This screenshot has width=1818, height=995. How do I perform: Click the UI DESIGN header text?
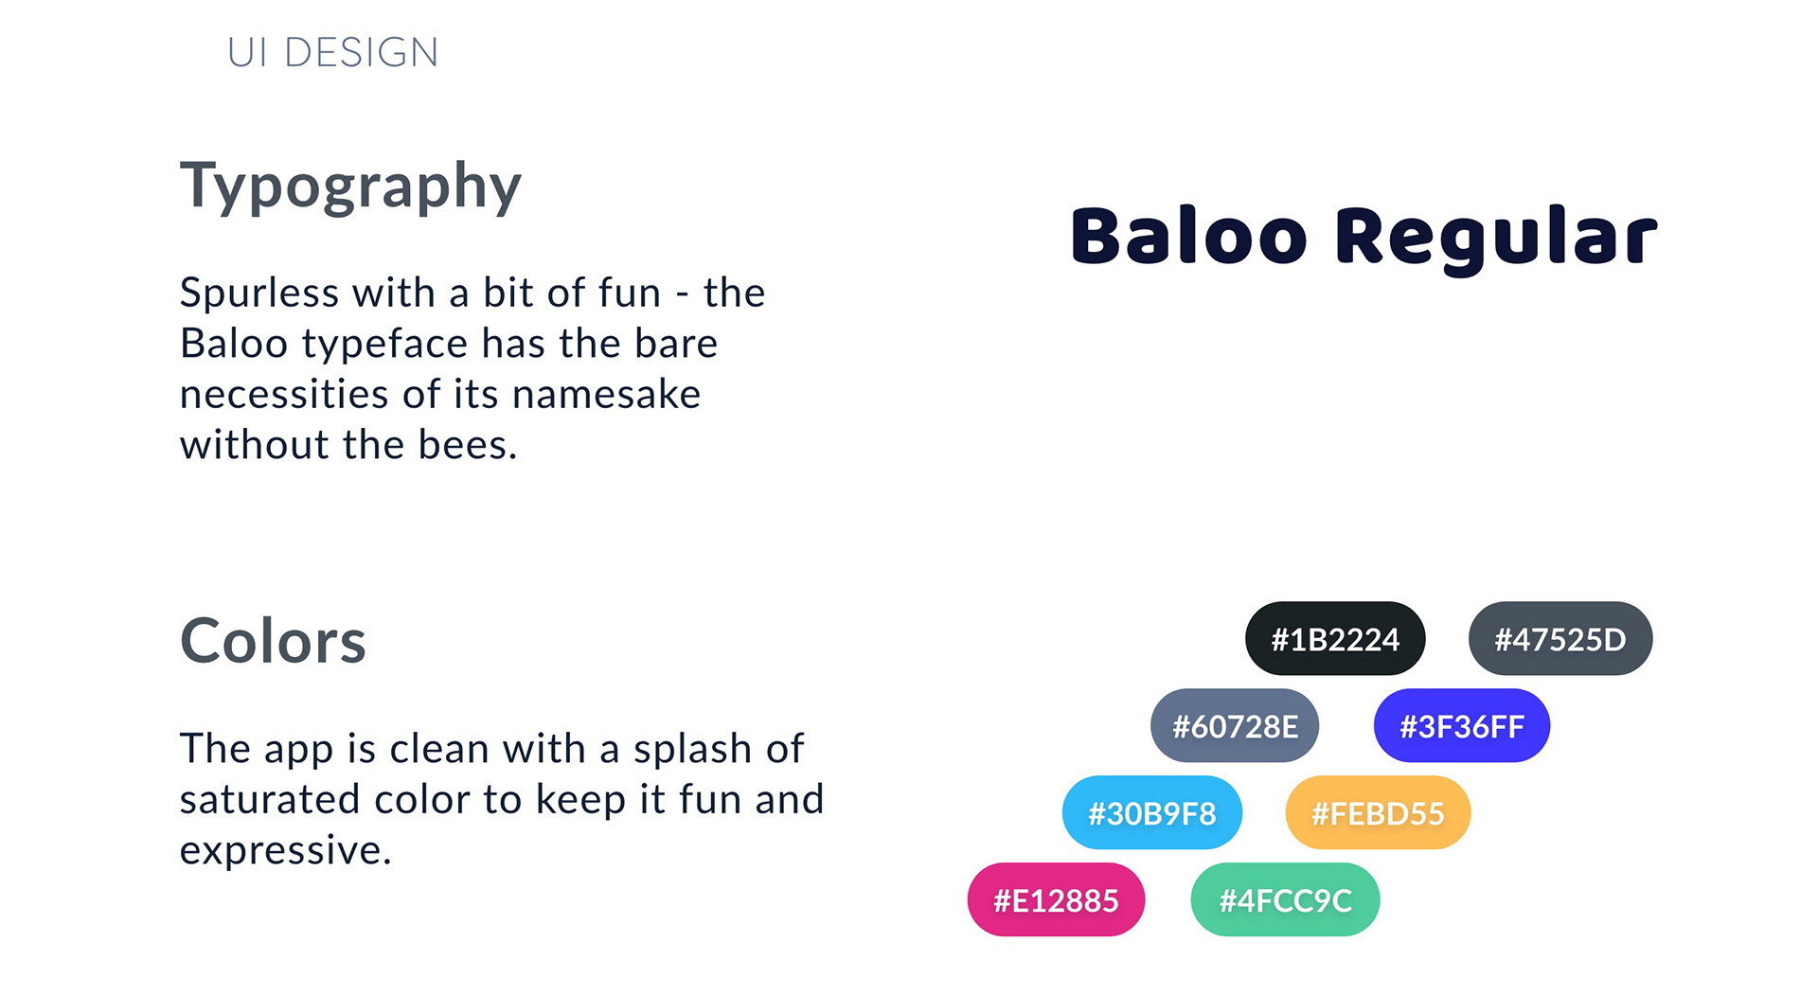pyautogui.click(x=332, y=52)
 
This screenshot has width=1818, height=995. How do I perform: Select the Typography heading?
pyautogui.click(x=350, y=187)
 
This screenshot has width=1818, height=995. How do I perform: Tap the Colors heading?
pyautogui.click(x=273, y=641)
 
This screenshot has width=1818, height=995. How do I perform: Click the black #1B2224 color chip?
pyautogui.click(x=1335, y=639)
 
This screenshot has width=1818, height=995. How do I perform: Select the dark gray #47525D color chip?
pyautogui.click(x=1560, y=639)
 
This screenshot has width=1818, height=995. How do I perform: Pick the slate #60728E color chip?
pyautogui.click(x=1235, y=726)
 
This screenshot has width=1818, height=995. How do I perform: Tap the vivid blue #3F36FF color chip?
pyautogui.click(x=1462, y=726)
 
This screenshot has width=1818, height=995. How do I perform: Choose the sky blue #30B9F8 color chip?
pyautogui.click(x=1152, y=813)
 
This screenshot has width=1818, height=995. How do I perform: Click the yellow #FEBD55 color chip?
pyautogui.click(x=1378, y=813)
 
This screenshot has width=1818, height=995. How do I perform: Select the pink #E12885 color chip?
pyautogui.click(x=1056, y=900)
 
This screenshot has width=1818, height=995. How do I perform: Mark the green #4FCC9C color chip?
pyautogui.click(x=1285, y=900)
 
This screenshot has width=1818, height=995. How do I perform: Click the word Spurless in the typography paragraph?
pyautogui.click(x=259, y=294)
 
